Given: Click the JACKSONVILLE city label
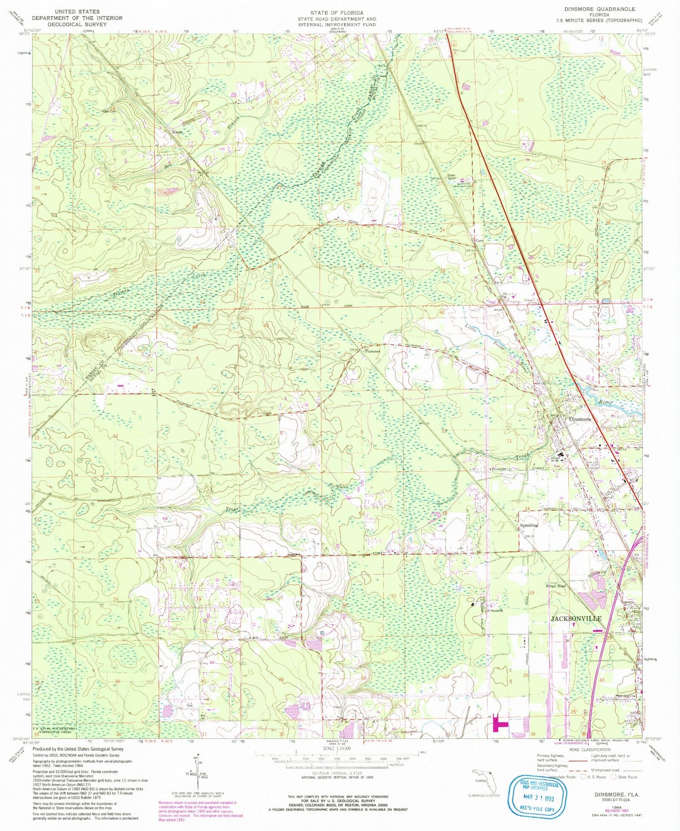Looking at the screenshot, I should pyautogui.click(x=576, y=619).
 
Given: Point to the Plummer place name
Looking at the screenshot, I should pyautogui.click(x=372, y=351).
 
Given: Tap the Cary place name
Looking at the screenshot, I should pyautogui.click(x=479, y=240).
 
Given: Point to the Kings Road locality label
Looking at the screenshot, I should pyautogui.click(x=556, y=586).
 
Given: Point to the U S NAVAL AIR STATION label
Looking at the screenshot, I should pyautogui.click(x=53, y=728).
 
